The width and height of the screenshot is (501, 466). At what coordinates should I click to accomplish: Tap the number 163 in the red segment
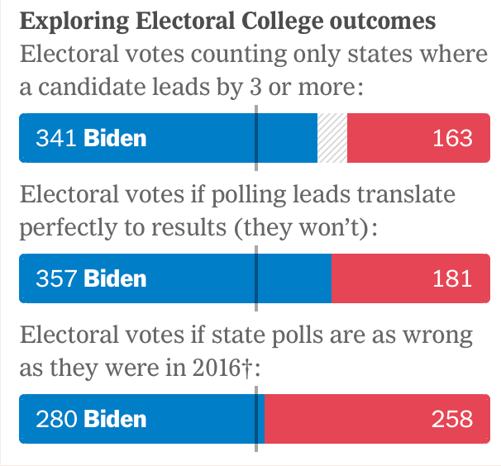click(452, 137)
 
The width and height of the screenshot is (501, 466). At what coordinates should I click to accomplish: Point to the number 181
click(452, 278)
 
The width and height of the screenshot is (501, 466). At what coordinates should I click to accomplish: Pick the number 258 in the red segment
click(451, 419)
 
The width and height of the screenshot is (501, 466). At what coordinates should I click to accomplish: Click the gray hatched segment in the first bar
click(332, 137)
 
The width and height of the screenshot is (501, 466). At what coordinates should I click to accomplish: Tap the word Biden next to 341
click(115, 137)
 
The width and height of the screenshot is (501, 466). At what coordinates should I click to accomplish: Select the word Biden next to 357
click(115, 278)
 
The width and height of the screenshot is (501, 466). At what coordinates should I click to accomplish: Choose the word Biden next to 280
click(115, 419)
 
